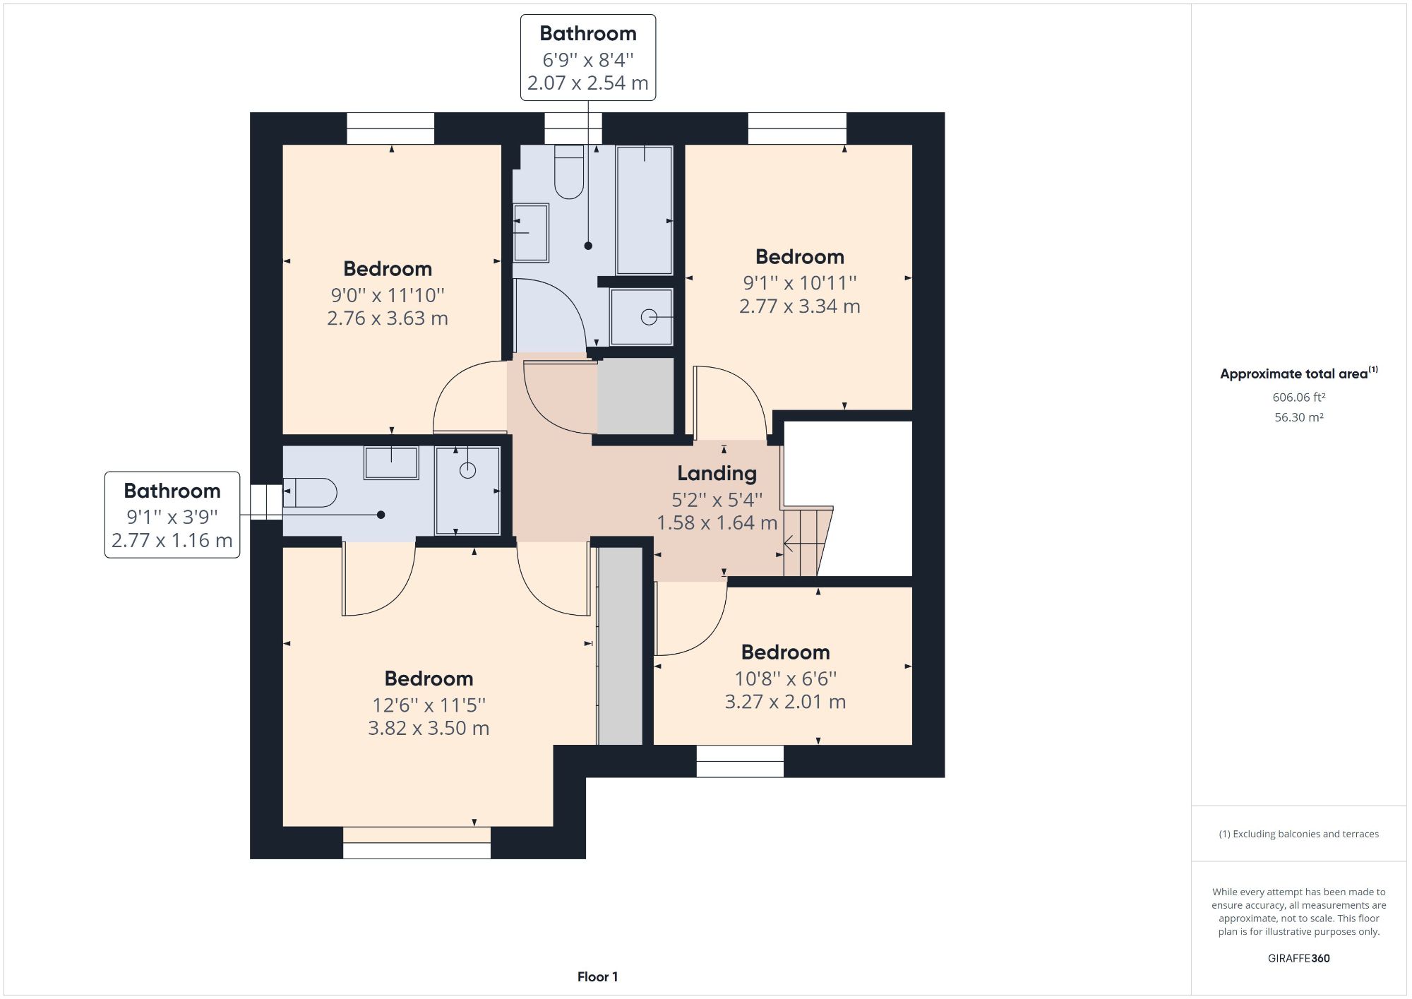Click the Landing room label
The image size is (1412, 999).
717,473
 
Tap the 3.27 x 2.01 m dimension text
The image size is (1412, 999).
785,702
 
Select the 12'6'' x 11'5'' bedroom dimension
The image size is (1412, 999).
429,705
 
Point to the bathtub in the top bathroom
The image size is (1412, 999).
644,210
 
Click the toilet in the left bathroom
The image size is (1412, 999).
311,493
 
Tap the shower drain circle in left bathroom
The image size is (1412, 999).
467,470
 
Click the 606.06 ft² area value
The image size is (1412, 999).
1298,397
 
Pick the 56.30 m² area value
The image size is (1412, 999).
1298,417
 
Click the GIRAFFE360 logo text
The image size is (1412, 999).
1298,958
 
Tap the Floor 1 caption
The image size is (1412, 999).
597,977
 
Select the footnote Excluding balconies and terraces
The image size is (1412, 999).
1298,834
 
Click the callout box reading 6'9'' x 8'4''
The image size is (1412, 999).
587,59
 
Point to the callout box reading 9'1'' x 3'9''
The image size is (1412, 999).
172,515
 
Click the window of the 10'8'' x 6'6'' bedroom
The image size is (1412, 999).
740,761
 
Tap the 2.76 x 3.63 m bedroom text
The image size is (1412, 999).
387,318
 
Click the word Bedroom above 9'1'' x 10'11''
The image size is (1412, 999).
799,256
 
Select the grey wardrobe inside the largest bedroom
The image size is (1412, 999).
620,646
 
